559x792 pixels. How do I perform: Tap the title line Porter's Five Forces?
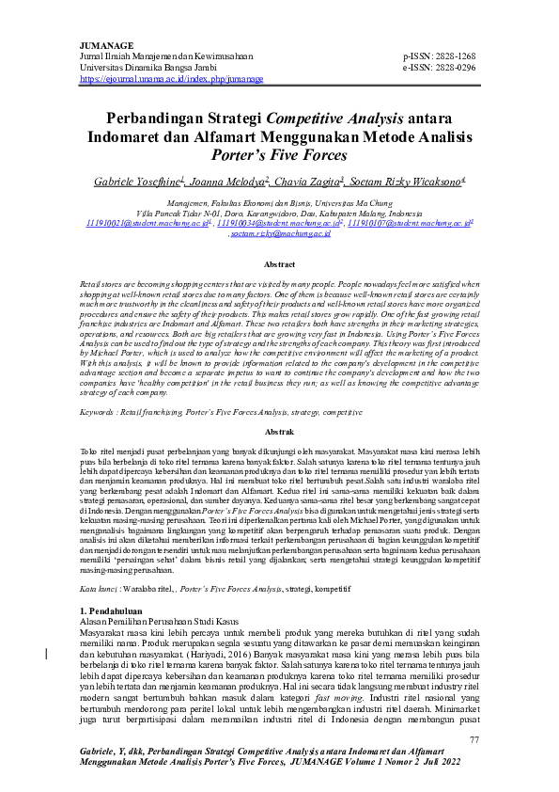point(278,153)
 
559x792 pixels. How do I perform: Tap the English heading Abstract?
point(279,266)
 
